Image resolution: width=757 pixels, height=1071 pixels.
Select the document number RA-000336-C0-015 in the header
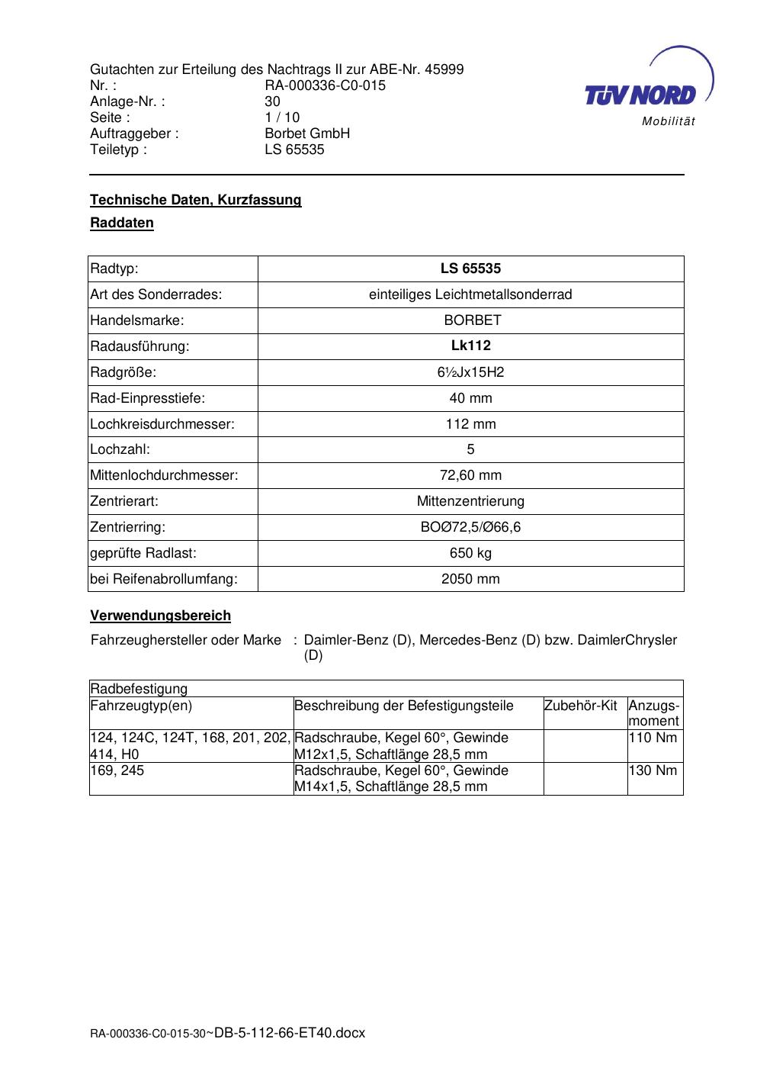tap(325, 85)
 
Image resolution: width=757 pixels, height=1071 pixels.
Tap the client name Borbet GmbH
tap(307, 133)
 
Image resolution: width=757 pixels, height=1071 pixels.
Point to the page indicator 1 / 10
tap(282, 117)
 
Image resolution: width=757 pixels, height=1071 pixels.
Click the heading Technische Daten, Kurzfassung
tap(196, 200)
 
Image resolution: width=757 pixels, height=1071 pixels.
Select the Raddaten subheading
tap(122, 223)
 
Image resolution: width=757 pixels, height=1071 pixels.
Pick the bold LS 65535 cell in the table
tap(470, 269)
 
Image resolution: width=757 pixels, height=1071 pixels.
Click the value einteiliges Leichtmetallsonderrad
tap(470, 294)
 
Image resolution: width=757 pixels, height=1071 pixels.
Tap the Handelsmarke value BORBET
tap(470, 320)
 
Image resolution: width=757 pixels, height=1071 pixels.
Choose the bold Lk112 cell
tap(470, 346)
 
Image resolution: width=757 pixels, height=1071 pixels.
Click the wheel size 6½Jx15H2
tap(470, 372)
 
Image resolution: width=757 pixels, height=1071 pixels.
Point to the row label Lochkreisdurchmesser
tap(162, 424)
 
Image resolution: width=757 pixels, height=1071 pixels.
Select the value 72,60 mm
tap(470, 475)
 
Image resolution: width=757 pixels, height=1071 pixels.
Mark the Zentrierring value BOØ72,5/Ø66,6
tap(470, 527)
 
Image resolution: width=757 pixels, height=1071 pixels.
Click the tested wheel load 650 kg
tap(470, 553)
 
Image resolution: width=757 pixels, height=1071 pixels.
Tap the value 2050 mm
tap(470, 579)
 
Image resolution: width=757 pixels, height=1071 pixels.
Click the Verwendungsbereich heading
tap(160, 616)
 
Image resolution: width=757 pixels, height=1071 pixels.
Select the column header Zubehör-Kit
tap(581, 706)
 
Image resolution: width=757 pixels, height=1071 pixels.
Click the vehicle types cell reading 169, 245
tap(117, 770)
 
